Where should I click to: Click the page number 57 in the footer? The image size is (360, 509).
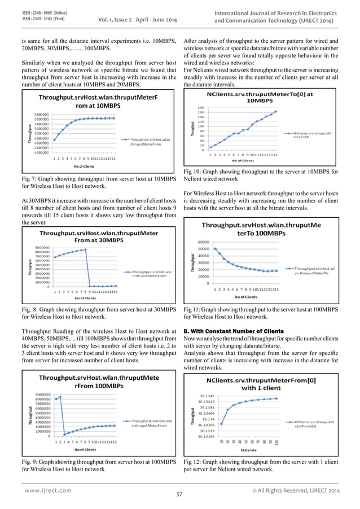(x=179, y=495)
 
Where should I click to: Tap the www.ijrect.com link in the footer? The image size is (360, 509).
(x=48, y=490)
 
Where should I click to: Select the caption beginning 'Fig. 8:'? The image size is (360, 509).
(x=99, y=314)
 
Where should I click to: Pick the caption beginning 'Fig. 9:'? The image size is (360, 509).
(x=99, y=465)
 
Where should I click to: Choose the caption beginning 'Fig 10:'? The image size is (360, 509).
(x=261, y=175)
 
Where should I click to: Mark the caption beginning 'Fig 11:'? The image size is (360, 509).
(x=261, y=314)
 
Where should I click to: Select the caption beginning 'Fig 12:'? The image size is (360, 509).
(x=261, y=465)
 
